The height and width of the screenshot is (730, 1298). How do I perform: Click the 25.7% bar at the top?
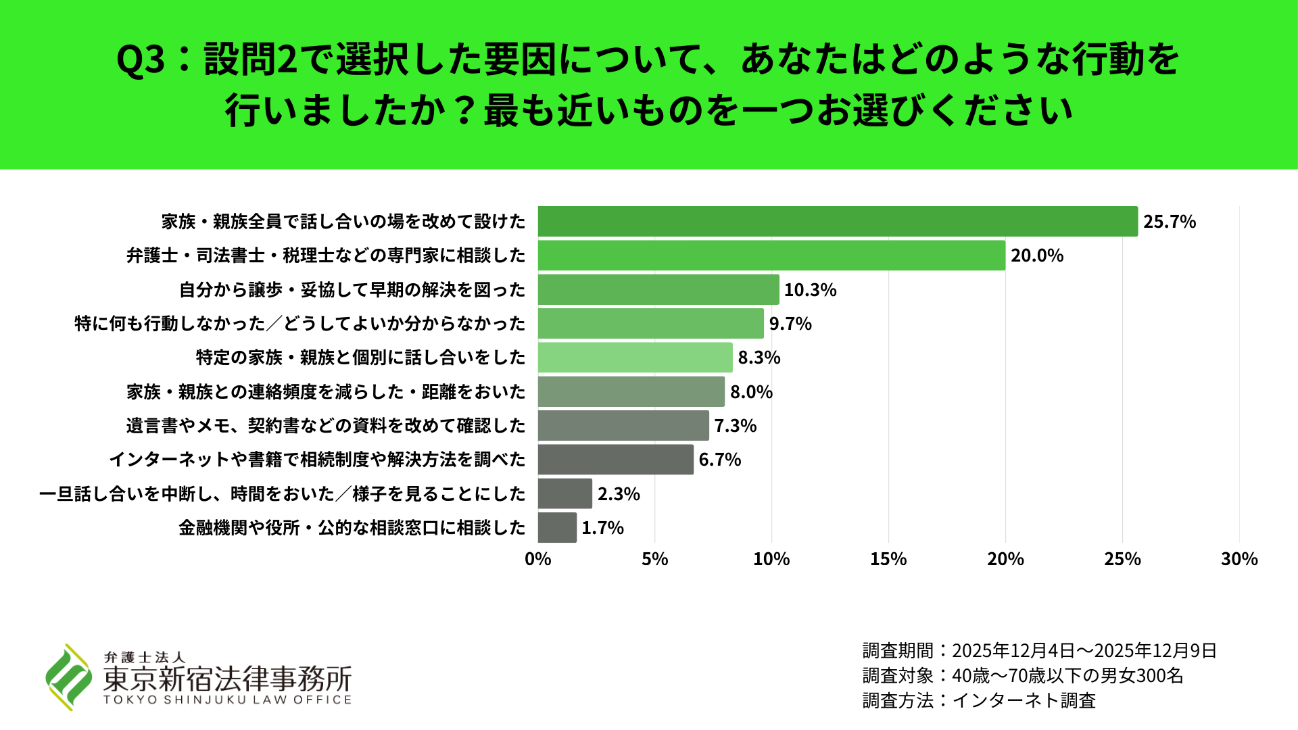click(x=838, y=222)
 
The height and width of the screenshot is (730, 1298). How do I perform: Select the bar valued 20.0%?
click(x=771, y=255)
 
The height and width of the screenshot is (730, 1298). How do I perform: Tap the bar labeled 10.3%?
click(x=658, y=289)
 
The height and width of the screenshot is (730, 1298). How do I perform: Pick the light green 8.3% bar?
click(x=635, y=358)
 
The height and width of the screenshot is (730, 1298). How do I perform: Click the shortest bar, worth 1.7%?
click(x=558, y=527)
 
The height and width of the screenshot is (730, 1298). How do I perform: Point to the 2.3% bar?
click(x=565, y=493)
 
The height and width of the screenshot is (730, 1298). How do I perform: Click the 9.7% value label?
click(x=790, y=324)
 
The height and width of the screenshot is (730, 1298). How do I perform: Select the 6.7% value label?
click(x=720, y=460)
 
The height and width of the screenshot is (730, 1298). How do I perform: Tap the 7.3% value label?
click(x=736, y=426)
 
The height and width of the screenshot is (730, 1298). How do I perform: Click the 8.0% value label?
click(x=751, y=392)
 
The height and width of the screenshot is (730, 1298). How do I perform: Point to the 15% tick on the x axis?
click(x=888, y=559)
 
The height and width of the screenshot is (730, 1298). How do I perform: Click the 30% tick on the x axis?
click(x=1239, y=559)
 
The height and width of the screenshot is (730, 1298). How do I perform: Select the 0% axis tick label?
click(x=538, y=559)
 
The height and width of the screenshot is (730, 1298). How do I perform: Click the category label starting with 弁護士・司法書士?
click(x=326, y=255)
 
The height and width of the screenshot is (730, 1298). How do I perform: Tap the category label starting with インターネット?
click(x=317, y=460)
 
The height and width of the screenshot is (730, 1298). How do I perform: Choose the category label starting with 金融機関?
click(x=352, y=528)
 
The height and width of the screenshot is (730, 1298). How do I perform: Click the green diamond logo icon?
click(x=68, y=677)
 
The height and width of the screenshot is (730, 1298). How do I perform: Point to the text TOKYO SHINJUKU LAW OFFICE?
click(x=228, y=700)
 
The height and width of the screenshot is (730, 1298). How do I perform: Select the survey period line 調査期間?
click(x=1040, y=650)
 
